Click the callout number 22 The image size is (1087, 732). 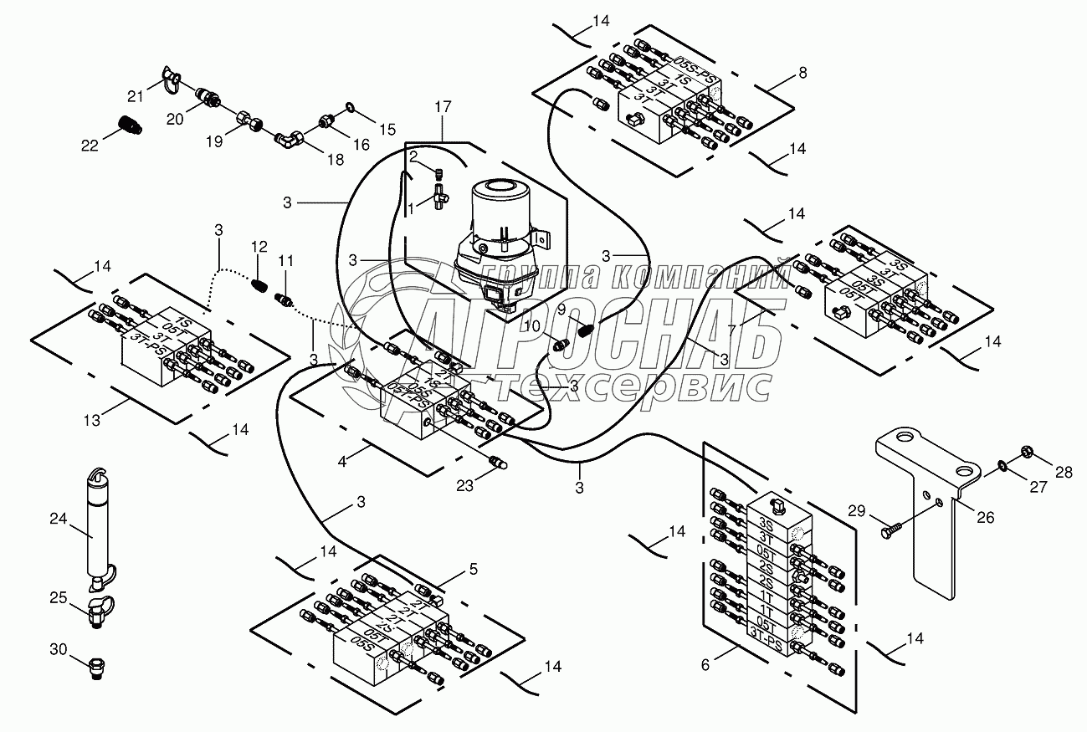[90, 145]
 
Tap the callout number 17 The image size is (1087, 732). [442, 107]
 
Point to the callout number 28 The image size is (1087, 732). [1062, 473]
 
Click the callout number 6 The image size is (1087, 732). [705, 665]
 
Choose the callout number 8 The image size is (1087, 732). [802, 73]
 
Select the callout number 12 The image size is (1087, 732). [259, 248]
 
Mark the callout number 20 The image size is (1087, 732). [174, 120]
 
